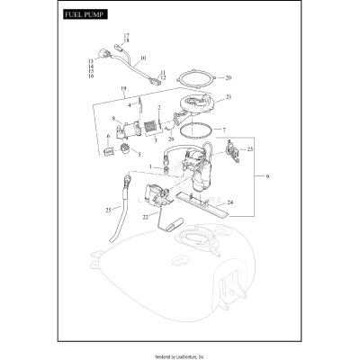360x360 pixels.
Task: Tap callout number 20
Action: [x=228, y=77]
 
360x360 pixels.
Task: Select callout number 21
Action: [x=228, y=96]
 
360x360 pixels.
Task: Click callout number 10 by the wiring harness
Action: [x=143, y=58]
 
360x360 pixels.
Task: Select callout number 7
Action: [x=224, y=130]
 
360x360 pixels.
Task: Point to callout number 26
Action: [x=170, y=139]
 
